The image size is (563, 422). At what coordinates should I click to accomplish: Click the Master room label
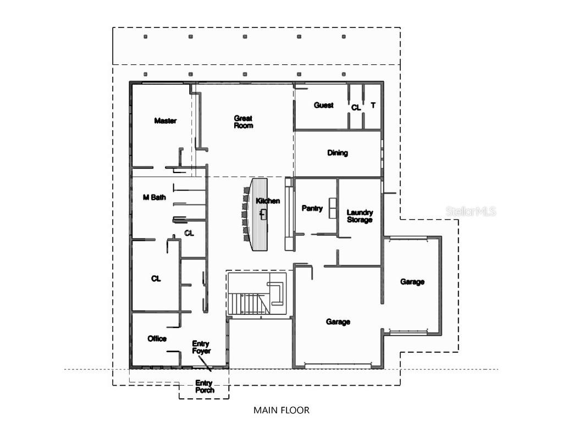click(165, 121)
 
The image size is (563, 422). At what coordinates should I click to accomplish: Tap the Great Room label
click(243, 122)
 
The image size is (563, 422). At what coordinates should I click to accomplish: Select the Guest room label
click(323, 105)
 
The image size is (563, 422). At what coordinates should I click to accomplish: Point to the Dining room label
click(338, 153)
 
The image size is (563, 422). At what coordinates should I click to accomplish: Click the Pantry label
click(312, 209)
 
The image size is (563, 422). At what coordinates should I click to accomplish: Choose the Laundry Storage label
click(360, 216)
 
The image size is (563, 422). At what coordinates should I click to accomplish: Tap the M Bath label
click(154, 198)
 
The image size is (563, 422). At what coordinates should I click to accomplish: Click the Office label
click(157, 339)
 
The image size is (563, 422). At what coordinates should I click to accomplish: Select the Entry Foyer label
click(201, 347)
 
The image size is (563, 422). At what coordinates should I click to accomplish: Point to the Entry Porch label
click(204, 387)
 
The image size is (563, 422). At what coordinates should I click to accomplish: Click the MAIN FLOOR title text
click(281, 410)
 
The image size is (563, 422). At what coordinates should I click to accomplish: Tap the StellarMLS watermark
click(471, 211)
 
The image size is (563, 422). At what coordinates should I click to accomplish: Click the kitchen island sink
click(263, 213)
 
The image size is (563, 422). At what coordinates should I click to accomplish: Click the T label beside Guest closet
click(373, 105)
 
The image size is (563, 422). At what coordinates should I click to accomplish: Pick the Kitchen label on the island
click(268, 201)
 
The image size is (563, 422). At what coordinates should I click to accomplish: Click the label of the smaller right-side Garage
click(412, 282)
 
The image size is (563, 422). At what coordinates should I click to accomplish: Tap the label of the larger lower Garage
click(338, 322)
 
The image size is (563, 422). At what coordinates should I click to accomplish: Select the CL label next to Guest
click(356, 108)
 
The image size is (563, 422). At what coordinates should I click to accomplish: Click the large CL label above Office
click(156, 279)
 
